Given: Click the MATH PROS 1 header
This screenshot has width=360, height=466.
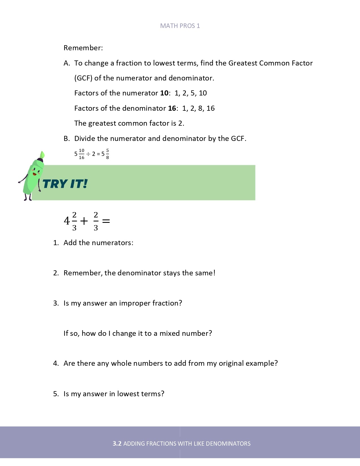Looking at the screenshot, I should click(x=180, y=26).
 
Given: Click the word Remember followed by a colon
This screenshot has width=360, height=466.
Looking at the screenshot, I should click(x=83, y=48).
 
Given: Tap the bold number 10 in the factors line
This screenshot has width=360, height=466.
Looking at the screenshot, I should click(x=164, y=93).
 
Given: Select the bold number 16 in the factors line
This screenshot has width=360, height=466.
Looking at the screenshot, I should click(x=172, y=108).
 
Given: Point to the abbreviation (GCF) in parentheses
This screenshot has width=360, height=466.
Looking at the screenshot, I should click(x=83, y=78).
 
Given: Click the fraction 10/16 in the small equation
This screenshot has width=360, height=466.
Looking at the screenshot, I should click(x=82, y=154).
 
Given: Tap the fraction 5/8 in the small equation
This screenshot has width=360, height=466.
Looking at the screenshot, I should click(x=108, y=154).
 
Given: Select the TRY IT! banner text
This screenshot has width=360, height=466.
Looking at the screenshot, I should click(x=65, y=184).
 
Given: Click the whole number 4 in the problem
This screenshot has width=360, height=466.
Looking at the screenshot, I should click(x=67, y=221).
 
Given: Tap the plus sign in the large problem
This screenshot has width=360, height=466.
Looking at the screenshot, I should click(x=84, y=221).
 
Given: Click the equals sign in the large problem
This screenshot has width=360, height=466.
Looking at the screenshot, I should click(x=106, y=221).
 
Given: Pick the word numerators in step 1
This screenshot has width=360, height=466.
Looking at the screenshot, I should click(x=113, y=243).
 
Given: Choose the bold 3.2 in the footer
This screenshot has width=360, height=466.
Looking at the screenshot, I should click(x=117, y=443).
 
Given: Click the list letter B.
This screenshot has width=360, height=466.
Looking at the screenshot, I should click(x=66, y=138).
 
